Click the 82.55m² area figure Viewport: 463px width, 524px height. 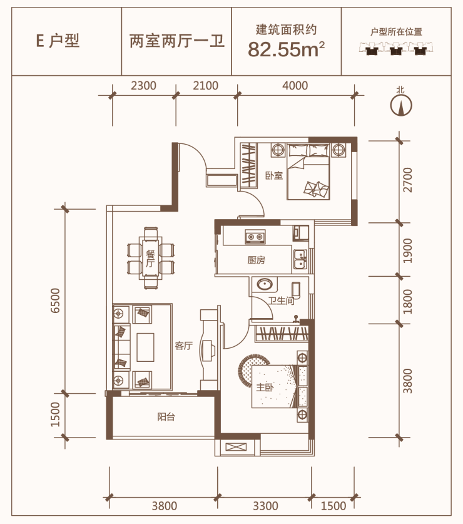[x=287, y=49]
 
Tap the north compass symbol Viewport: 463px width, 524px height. [x=401, y=105]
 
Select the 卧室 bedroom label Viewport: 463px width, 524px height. [x=274, y=175]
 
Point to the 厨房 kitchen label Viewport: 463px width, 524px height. [x=257, y=260]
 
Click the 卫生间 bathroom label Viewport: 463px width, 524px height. [x=281, y=301]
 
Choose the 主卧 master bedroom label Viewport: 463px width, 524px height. [x=265, y=388]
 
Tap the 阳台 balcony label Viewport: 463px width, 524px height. [x=166, y=417]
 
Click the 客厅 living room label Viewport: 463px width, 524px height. [x=184, y=346]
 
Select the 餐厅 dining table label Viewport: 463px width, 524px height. [x=150, y=259]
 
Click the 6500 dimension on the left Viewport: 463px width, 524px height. [x=55, y=301]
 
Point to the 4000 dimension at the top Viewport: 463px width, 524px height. [x=295, y=86]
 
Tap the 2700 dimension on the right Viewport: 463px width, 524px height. [x=407, y=180]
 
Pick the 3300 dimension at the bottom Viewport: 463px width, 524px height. [x=265, y=506]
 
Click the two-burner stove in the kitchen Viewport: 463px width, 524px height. [x=255, y=237]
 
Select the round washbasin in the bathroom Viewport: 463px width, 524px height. [x=265, y=284]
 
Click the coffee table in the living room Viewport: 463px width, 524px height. [x=145, y=347]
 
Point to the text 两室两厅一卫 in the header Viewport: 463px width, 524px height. [x=176, y=42]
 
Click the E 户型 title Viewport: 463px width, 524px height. [x=58, y=41]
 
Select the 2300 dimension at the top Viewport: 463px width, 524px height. [x=143, y=86]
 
